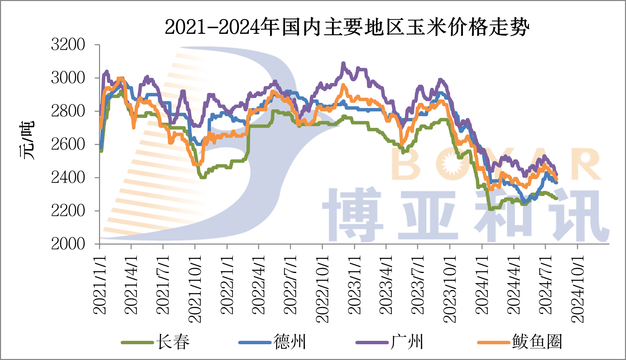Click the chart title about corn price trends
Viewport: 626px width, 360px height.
(347, 27)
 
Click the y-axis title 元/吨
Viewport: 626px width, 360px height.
(27, 140)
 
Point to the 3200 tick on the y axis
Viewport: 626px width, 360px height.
(68, 45)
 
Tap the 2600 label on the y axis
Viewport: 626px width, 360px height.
(68, 144)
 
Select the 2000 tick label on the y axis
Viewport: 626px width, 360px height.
(68, 244)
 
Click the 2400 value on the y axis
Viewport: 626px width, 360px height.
(68, 177)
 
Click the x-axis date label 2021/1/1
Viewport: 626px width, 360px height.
(99, 284)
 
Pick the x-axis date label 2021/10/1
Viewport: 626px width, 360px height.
(195, 288)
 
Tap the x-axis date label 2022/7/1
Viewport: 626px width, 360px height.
(290, 284)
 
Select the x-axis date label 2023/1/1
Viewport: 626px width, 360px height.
(354, 284)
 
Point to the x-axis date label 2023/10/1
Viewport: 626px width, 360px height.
(450, 288)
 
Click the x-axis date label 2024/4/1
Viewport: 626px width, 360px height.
(513, 284)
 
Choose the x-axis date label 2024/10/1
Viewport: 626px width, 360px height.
(577, 288)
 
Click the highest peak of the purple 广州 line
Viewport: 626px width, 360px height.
(343, 64)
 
